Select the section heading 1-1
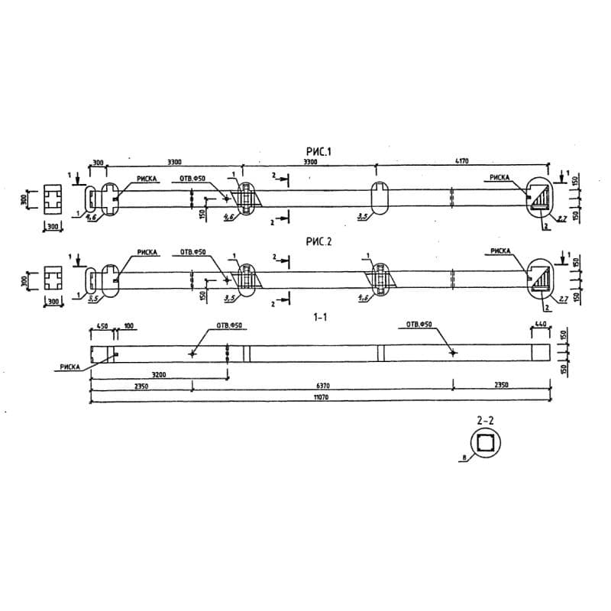321,315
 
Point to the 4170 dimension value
461,162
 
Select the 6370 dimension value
321,386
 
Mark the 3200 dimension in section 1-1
158,375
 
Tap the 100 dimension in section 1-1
128,327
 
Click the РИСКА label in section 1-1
69,367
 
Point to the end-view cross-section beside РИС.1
53,199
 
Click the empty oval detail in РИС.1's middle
380,200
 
